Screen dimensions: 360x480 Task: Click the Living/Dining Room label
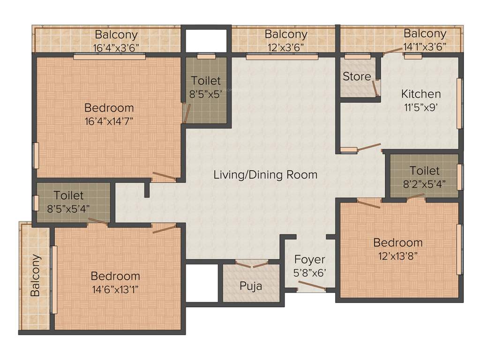[265, 175]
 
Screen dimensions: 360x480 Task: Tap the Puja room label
[251, 285]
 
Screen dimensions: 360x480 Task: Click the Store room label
[356, 76]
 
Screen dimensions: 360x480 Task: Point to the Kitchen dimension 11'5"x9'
[421, 106]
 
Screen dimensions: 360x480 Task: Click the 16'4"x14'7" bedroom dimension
[110, 120]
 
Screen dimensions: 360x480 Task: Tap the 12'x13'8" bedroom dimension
[397, 255]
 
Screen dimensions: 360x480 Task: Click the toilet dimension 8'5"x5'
[205, 94]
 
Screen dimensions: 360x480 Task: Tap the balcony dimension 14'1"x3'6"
[425, 46]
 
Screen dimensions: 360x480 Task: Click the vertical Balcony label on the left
[35, 276]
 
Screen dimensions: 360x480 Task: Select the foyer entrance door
[312, 286]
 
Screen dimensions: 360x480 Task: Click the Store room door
[375, 88]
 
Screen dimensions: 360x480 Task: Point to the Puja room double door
[252, 265]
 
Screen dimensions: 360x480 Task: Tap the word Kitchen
[421, 94]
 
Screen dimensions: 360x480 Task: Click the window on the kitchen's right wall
[460, 103]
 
